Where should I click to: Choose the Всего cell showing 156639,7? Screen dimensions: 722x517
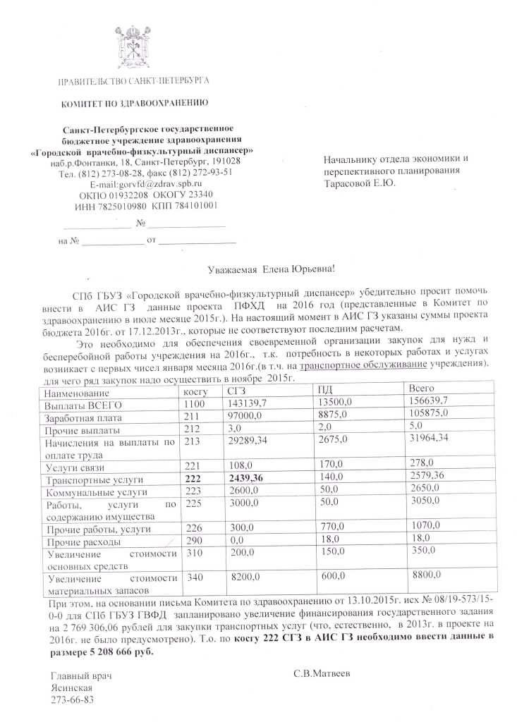tap(432, 402)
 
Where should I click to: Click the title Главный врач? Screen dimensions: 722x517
tap(82, 676)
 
